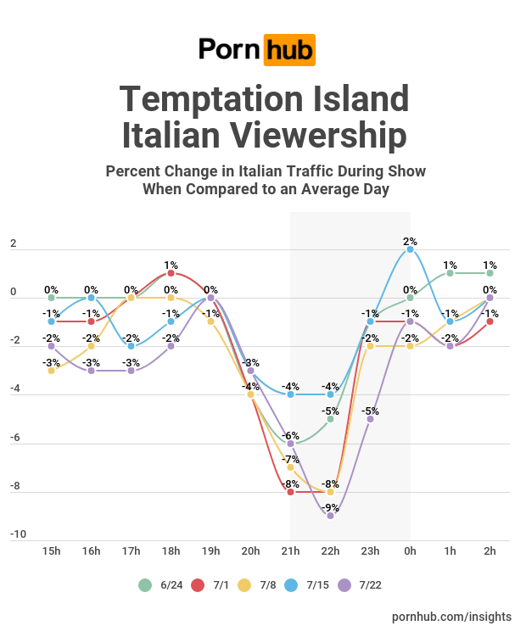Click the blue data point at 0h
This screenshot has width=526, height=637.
coord(411,249)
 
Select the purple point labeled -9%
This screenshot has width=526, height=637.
coord(331,516)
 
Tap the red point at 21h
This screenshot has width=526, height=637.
coord(291,492)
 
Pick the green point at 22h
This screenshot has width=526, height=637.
coord(331,419)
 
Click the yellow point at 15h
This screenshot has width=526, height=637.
coord(52,371)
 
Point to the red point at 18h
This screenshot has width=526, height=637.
coord(171,273)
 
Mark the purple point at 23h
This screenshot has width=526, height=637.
coord(371,419)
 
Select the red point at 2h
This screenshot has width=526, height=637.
coord(490,321)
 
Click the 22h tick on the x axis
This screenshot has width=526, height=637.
coord(331,550)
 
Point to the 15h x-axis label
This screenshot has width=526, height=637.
coord(52,550)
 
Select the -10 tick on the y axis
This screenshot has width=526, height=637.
coord(19,534)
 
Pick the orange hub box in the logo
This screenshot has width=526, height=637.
coord(289,49)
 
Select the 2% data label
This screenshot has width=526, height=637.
coord(411,241)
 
